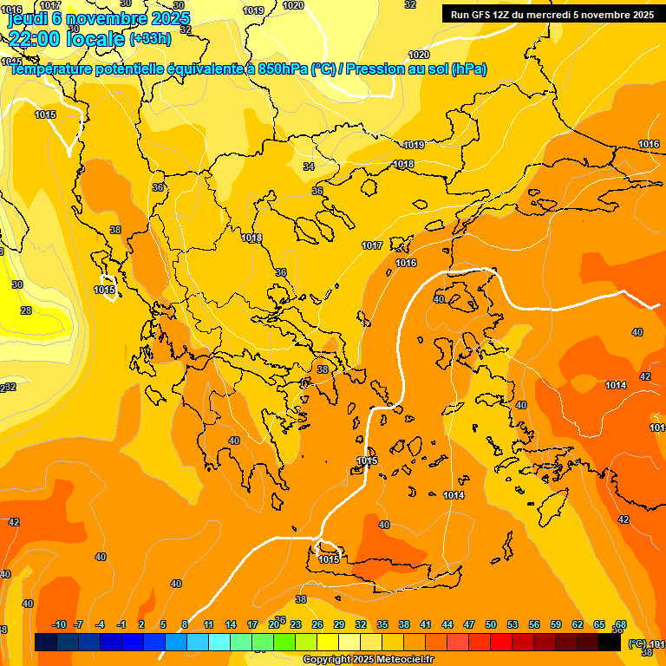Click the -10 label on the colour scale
[60, 625]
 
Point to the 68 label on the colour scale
[621, 625]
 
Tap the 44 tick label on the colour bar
[447, 625]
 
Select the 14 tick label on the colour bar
[231, 625]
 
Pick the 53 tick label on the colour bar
[513, 625]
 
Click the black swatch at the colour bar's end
[610, 642]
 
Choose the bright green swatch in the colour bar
[284, 642]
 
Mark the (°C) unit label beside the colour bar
[637, 643]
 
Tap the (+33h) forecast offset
[150, 38]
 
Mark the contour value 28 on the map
[26, 310]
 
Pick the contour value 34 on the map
[309, 166]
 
